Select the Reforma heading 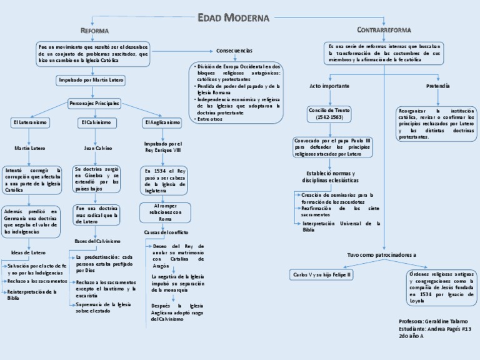point(94,31)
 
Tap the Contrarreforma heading point(384,29)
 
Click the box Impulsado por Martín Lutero point(91,80)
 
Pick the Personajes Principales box point(94,102)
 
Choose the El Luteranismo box point(29,122)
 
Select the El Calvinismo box point(94,122)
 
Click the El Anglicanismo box point(162,122)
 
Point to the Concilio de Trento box point(329,113)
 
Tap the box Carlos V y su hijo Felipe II point(322,274)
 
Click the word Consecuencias point(234,50)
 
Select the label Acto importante point(329,86)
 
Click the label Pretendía point(438,86)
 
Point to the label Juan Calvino point(97,148)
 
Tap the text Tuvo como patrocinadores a point(381,255)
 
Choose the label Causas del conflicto point(161,232)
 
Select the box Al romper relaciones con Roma point(165,212)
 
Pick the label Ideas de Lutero point(29,252)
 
